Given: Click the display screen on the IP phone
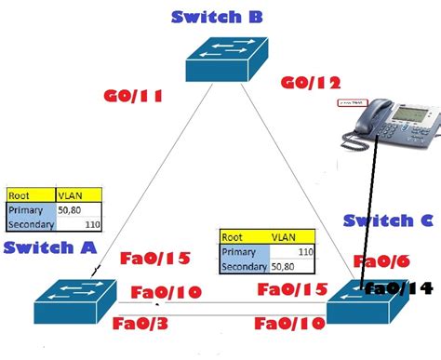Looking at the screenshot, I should tap(409, 116).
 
